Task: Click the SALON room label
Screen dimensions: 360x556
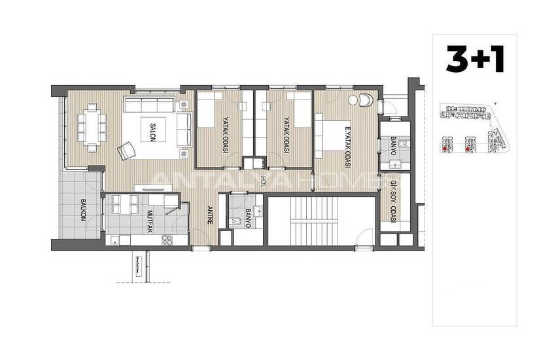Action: [152, 128]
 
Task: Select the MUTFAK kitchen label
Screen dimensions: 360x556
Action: [150, 222]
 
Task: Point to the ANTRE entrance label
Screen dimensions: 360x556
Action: [210, 215]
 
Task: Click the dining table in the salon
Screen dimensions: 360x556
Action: [92, 126]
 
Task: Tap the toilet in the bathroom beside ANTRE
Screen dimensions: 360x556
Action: [236, 223]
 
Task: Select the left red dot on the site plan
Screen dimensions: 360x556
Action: [445, 149]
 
